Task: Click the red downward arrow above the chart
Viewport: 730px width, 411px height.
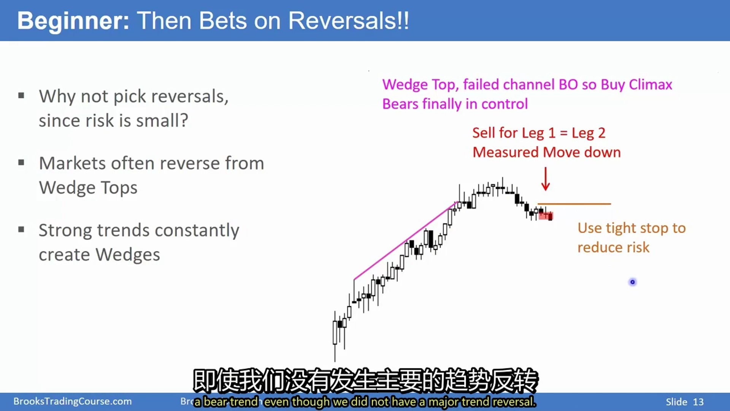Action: tap(546, 178)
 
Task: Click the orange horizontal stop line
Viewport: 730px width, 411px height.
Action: tap(574, 204)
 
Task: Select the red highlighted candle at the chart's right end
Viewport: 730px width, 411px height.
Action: tap(546, 216)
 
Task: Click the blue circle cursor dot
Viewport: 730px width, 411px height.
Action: tap(633, 282)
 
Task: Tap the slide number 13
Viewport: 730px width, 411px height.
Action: tap(698, 402)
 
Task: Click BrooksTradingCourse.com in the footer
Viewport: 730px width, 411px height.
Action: tap(73, 401)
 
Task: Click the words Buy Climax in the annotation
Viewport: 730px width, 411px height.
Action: tap(636, 84)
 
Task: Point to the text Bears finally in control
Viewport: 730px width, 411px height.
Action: tap(455, 104)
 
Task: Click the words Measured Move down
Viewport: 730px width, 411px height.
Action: tap(547, 152)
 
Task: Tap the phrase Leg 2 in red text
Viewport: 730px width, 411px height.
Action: tap(589, 133)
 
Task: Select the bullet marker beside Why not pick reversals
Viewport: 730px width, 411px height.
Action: tap(21, 96)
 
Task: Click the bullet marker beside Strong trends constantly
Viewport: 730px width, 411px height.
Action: tap(21, 229)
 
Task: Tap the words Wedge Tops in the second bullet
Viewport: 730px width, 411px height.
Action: tap(88, 188)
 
